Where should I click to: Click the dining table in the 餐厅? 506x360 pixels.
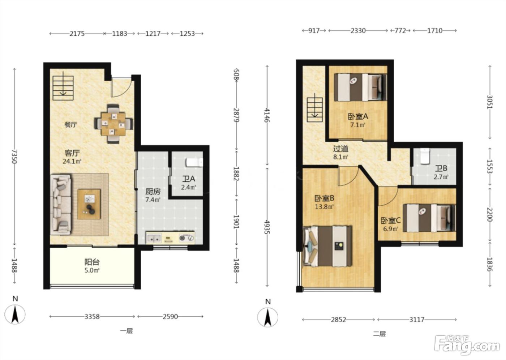[113, 124]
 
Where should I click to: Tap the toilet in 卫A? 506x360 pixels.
[194, 162]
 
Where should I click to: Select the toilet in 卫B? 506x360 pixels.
[425, 156]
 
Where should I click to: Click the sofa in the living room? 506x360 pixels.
[61, 204]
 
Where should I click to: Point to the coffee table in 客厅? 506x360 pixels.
[89, 204]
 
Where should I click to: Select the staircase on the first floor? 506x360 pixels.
[63, 88]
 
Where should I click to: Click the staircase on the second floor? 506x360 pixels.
[315, 110]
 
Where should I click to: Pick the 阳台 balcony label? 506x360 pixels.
[92, 262]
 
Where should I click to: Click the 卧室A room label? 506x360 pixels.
[358, 116]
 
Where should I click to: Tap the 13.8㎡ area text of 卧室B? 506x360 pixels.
[325, 207]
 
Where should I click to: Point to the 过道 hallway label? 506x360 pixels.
[340, 149]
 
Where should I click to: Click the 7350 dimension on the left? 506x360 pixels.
[14, 156]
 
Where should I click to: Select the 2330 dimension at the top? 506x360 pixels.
[358, 30]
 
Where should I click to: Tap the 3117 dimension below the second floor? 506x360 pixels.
[417, 320]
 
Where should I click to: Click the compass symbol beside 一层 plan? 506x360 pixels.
[15, 314]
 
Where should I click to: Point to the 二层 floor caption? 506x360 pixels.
[379, 334]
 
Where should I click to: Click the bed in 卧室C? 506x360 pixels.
[429, 218]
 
